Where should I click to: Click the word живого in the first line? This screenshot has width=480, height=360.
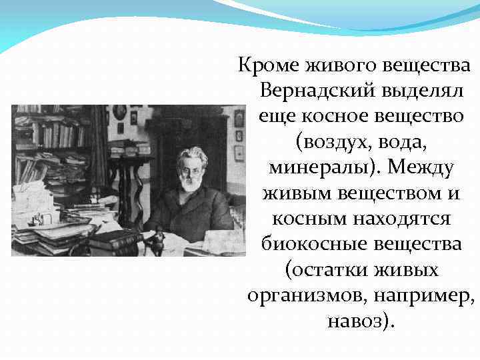[x=333, y=66]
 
